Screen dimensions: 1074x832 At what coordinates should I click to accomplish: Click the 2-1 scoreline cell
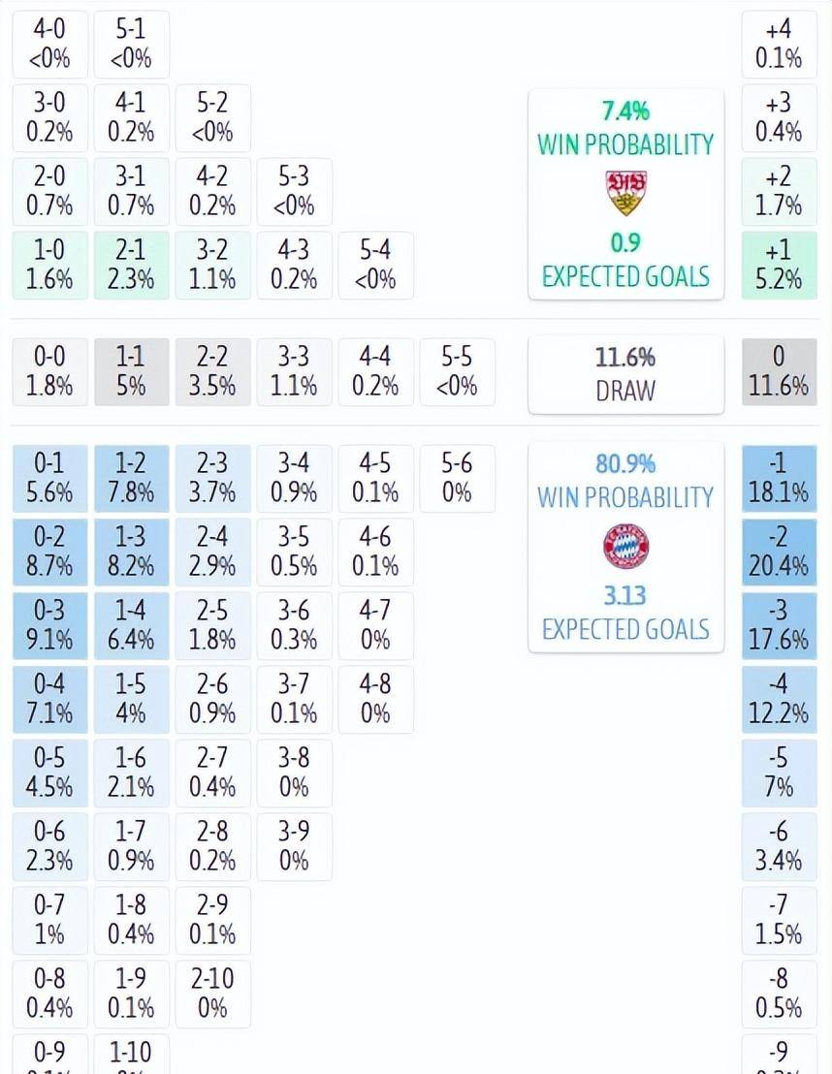click(131, 265)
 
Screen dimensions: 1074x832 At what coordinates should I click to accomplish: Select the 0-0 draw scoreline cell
click(49, 371)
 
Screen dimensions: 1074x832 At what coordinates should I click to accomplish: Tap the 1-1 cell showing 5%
click(131, 371)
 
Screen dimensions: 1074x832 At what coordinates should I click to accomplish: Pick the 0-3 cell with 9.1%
click(49, 625)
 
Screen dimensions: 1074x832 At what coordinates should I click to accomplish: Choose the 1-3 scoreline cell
click(131, 552)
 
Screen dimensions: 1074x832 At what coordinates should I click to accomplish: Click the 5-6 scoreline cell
click(457, 478)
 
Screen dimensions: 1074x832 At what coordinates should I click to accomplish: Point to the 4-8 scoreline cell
click(375, 699)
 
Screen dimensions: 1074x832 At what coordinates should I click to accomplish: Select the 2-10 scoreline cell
click(212, 994)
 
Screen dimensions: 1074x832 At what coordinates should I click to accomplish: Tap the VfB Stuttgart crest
click(625, 193)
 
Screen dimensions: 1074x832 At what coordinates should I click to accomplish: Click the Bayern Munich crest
click(625, 546)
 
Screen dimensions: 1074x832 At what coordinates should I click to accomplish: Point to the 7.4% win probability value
click(625, 111)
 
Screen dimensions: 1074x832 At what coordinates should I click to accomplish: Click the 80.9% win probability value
click(625, 463)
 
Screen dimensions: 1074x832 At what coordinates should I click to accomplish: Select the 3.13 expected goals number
click(625, 594)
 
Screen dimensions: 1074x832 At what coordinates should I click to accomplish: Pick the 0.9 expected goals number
click(625, 241)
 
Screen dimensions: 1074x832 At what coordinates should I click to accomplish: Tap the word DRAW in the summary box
click(625, 391)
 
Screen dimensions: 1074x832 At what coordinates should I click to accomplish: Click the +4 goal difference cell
click(779, 44)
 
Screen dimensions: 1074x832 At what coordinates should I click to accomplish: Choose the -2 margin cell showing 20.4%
click(779, 552)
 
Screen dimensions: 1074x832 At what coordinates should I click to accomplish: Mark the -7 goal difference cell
click(779, 920)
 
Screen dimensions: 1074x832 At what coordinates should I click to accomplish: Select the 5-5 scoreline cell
click(457, 371)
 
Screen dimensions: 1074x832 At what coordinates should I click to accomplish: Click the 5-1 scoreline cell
click(131, 44)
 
